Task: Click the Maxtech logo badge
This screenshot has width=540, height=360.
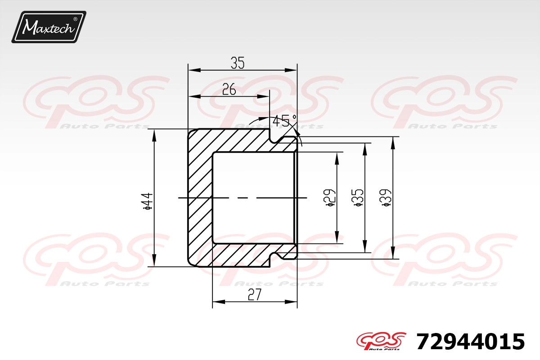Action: pos(49,27)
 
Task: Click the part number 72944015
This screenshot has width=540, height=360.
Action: pos(471,342)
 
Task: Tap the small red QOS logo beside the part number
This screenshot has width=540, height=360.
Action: pos(382,341)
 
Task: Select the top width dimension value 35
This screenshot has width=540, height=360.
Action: pos(238,63)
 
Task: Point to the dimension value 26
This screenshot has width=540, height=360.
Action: pos(229,90)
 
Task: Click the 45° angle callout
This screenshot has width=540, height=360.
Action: pos(284,121)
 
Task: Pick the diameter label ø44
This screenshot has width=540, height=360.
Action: pos(148,201)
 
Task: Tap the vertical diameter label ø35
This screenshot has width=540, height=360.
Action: pos(358,198)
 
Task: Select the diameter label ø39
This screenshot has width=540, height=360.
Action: pos(386,198)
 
